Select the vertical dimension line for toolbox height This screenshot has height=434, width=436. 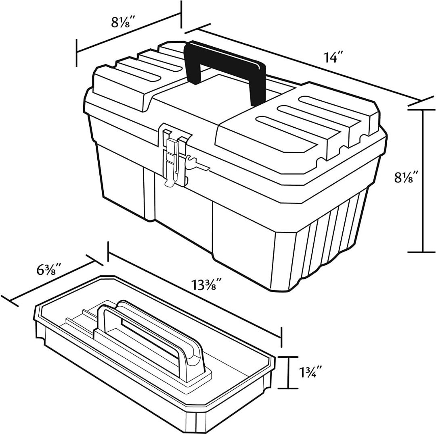click(x=422, y=181)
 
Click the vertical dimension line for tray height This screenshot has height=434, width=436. click(x=287, y=372)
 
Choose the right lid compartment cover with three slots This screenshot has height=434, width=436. click(x=299, y=121)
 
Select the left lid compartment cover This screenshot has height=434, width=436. click(x=129, y=77)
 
